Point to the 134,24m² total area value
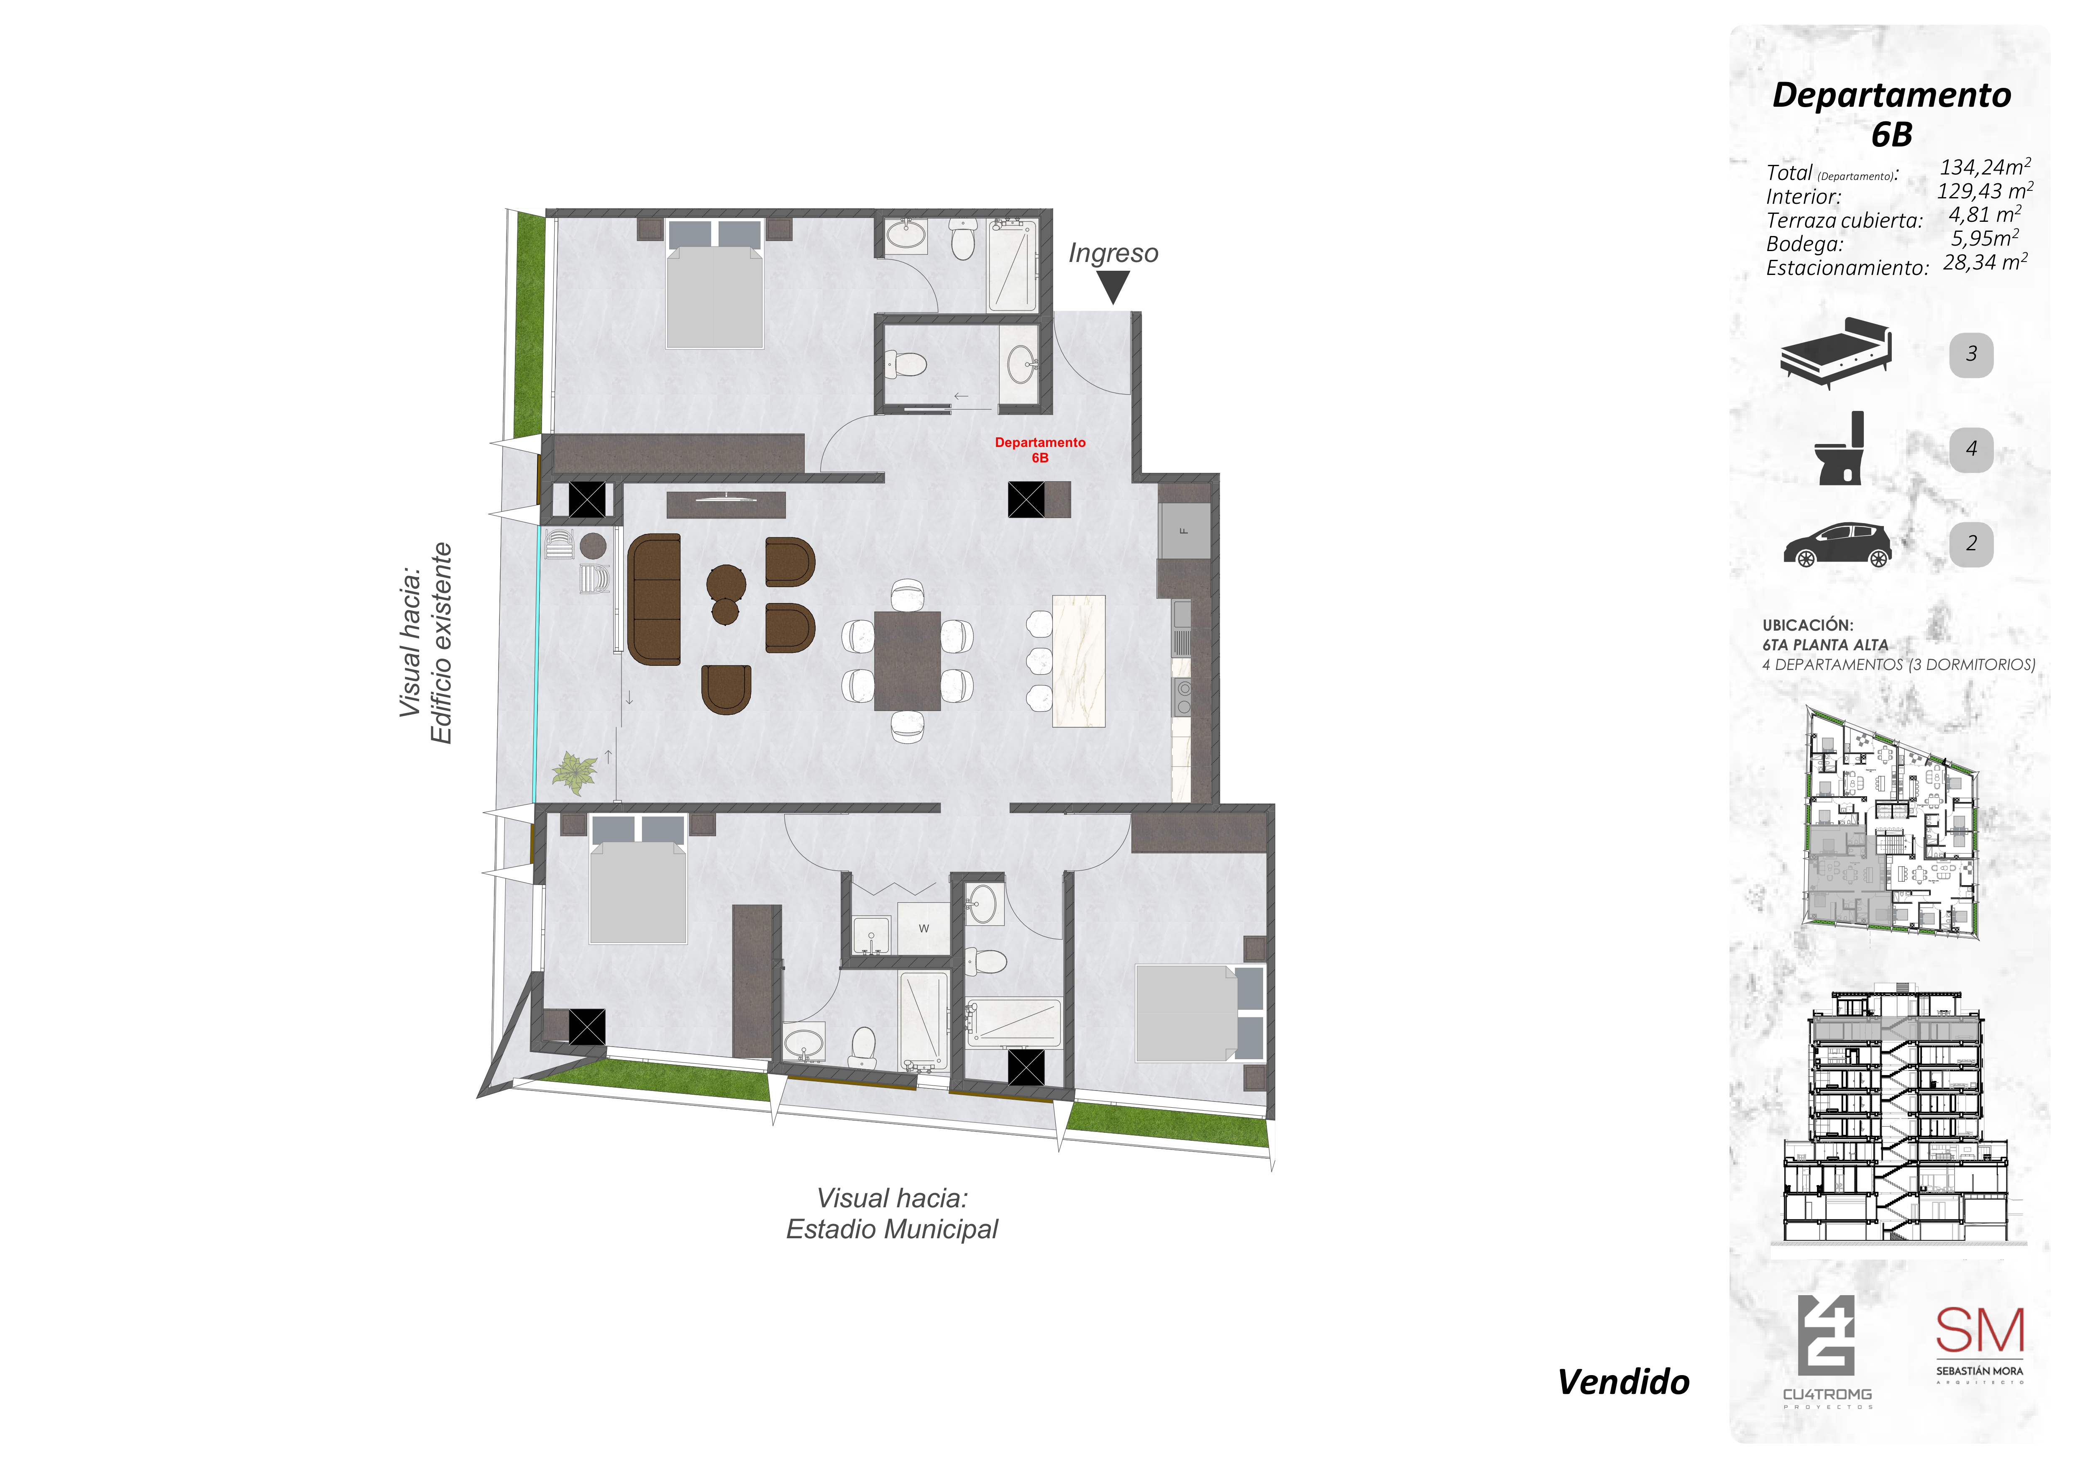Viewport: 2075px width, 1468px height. click(1985, 167)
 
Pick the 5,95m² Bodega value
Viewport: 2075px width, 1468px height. click(1985, 239)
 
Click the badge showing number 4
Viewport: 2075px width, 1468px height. click(1971, 448)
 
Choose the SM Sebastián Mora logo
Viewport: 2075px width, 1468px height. click(1979, 1344)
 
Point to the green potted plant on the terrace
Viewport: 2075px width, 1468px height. click(575, 771)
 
